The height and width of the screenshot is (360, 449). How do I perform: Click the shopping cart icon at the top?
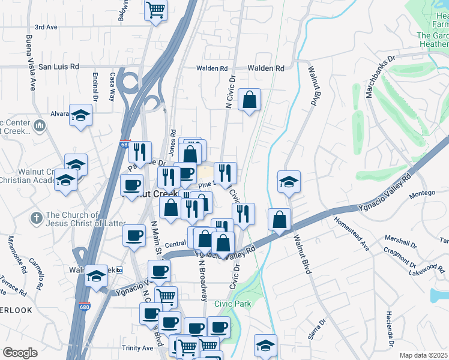click(x=156, y=10)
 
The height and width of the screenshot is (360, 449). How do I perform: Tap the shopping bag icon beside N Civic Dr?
click(x=249, y=100)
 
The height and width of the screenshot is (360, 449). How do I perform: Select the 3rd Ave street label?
click(x=46, y=27)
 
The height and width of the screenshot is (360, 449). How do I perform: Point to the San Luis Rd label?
click(x=59, y=67)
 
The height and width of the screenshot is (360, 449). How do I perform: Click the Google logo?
click(x=20, y=353)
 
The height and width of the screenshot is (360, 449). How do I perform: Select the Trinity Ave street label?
click(x=137, y=348)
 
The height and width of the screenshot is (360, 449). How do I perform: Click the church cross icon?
click(x=37, y=218)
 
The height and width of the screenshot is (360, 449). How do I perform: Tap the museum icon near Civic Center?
click(x=40, y=126)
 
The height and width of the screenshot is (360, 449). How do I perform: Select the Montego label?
click(x=421, y=195)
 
